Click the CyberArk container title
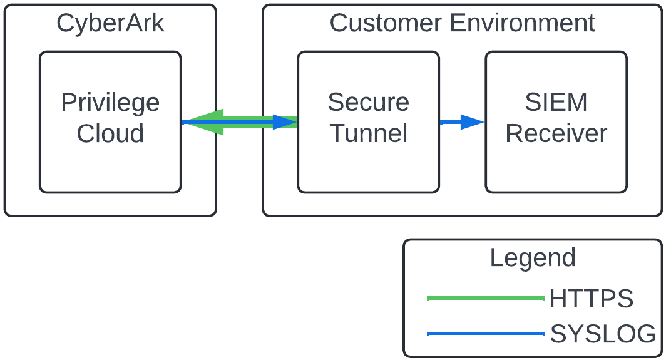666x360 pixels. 110,24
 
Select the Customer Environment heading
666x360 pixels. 462,24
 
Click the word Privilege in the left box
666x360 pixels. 110,103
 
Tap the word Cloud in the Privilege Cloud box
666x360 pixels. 110,133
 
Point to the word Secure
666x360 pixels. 368,102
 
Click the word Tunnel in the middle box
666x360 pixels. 368,133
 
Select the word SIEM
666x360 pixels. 556,102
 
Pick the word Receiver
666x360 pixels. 556,133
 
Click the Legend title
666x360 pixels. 532,258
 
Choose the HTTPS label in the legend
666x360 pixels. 591,299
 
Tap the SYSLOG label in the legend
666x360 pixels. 603,334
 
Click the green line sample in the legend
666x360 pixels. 485,299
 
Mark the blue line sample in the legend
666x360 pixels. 485,334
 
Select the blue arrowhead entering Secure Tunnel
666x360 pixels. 285,122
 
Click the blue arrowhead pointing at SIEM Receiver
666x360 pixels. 472,122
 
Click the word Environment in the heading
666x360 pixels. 522,24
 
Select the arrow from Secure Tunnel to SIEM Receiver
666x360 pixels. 462,122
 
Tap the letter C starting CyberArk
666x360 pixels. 64,24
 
